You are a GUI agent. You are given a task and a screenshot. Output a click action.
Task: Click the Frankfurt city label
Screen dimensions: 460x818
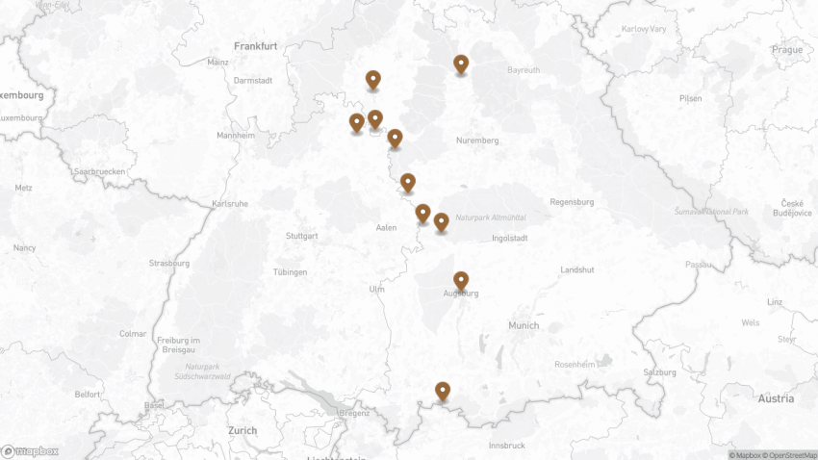[255, 45]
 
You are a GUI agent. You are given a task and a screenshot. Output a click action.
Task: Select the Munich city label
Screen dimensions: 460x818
[524, 325]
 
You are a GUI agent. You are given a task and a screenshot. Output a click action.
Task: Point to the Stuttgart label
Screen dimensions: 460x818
[301, 236]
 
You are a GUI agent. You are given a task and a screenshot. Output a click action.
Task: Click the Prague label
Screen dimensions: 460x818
[786, 49]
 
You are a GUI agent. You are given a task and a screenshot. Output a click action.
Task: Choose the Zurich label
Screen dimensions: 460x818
[243, 430]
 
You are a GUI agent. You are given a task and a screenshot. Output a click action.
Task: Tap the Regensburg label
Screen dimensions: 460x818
[572, 202]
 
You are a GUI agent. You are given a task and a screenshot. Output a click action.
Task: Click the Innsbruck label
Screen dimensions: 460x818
[507, 446]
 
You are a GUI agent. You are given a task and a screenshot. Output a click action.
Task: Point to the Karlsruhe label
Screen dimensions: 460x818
[230, 203]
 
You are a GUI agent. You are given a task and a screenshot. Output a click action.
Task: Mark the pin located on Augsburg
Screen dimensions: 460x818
[461, 281]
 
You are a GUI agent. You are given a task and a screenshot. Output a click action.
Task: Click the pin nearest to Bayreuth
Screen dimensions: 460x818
[461, 64]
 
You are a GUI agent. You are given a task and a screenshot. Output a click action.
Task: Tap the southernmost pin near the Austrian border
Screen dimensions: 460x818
[442, 391]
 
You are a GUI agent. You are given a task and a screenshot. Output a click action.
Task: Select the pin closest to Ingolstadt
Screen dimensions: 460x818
[441, 222]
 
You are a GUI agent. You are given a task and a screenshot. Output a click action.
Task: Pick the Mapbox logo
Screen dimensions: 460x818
[30, 450]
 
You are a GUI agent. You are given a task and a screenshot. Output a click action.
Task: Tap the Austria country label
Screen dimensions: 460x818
[776, 398]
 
